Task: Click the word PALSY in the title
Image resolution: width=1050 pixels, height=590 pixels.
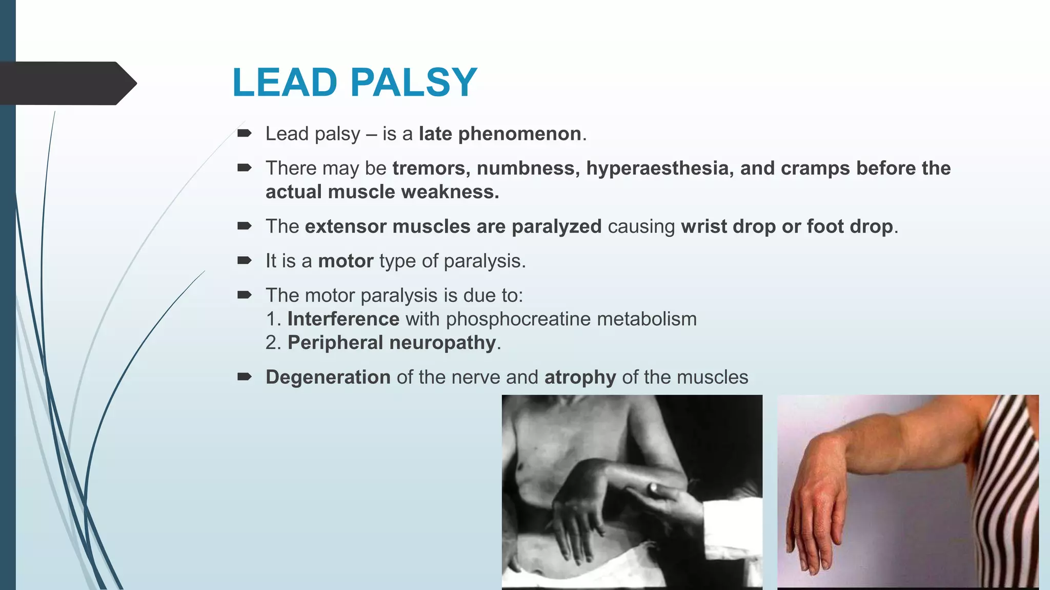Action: (x=414, y=82)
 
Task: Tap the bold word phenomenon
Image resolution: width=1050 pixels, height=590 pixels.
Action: (x=519, y=134)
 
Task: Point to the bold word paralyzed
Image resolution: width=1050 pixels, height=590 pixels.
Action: (x=556, y=226)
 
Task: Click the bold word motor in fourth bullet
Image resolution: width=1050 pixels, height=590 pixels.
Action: (x=346, y=261)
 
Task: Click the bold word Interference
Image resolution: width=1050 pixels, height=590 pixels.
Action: (x=343, y=319)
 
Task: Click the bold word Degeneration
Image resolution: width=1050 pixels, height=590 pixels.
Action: (x=328, y=377)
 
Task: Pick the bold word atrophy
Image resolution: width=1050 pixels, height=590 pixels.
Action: (x=580, y=377)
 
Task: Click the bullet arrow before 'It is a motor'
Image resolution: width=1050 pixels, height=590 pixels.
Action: (x=244, y=261)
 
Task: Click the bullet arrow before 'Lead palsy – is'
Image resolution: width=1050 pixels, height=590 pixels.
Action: (x=244, y=134)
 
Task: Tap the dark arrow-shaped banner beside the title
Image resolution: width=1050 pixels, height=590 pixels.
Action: (x=67, y=83)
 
